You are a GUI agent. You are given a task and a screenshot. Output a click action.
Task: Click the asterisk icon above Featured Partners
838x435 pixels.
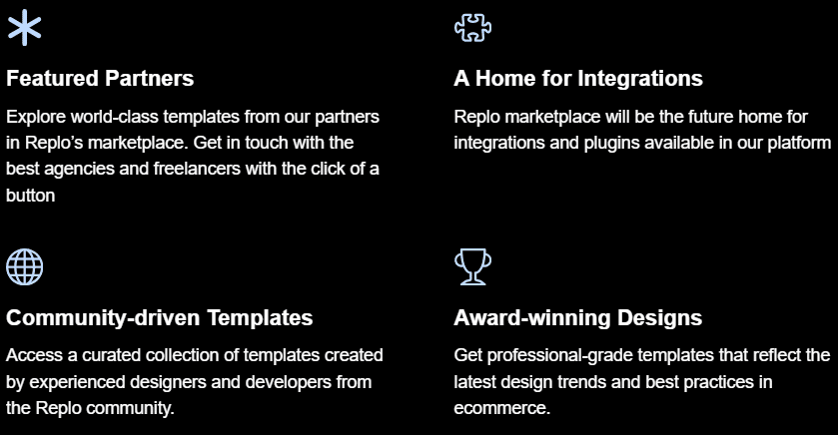click(x=25, y=27)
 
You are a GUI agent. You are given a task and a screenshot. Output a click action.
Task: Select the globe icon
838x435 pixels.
click(x=25, y=266)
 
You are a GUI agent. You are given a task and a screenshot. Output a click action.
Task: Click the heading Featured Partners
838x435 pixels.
click(x=100, y=79)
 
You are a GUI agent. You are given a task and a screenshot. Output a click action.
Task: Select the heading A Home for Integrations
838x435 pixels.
click(x=578, y=79)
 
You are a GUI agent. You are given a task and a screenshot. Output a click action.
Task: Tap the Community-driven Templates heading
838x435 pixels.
click(x=159, y=318)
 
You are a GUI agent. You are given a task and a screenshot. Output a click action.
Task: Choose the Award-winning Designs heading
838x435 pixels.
click(x=577, y=318)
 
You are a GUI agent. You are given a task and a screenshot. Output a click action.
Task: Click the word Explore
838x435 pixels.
click(x=36, y=117)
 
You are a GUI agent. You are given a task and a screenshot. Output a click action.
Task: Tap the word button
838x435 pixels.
click(x=30, y=196)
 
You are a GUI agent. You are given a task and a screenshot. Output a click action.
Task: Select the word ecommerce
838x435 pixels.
click(x=501, y=408)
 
